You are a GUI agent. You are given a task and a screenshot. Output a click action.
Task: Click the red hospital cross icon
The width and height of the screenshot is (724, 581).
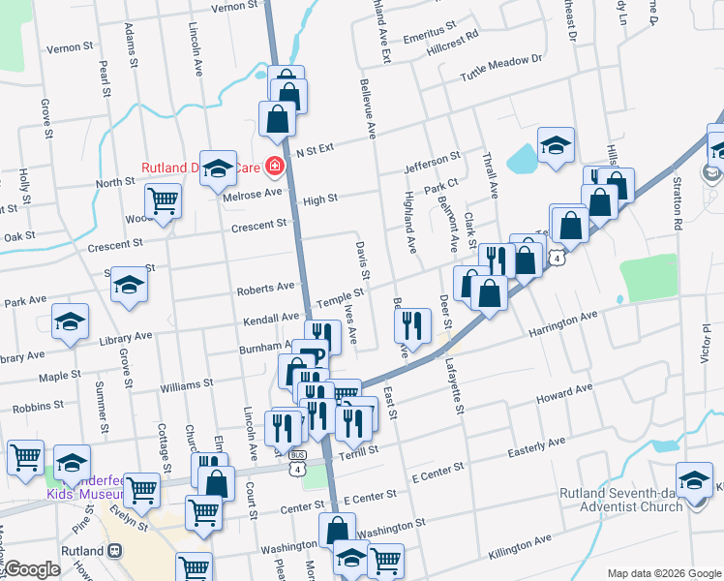[275, 167]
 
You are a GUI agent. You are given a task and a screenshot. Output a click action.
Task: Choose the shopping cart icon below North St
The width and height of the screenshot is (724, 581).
[163, 201]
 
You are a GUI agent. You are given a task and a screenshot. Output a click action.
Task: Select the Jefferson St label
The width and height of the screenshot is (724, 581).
[432, 162]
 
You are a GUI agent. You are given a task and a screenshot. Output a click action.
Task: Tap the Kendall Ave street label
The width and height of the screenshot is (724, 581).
[271, 317]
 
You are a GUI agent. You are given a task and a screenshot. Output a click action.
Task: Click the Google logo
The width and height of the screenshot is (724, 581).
[32, 569]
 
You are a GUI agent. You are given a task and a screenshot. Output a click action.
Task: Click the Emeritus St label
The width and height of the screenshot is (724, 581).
[429, 33]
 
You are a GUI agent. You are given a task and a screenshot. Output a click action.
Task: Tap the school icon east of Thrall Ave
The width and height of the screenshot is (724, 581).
[556, 145]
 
